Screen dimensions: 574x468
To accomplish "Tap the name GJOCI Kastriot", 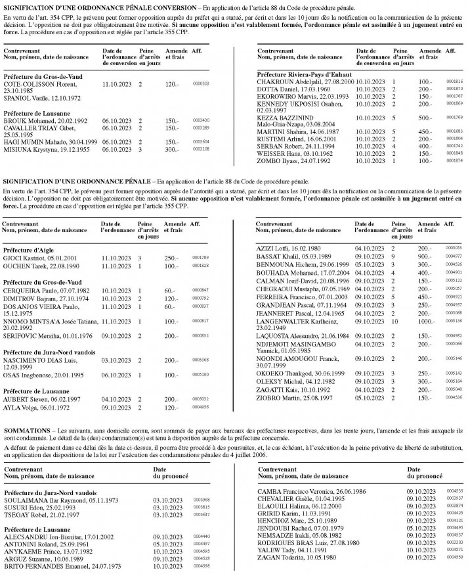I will [26, 258].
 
